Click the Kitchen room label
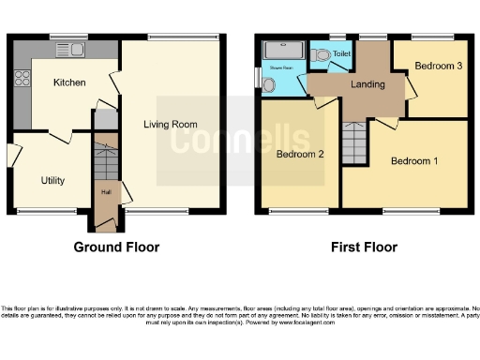pos(69,82)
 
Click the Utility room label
pos(52,180)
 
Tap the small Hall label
pos(105,195)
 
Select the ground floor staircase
pos(105,159)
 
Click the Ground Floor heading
pos(116,247)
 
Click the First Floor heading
pos(363,247)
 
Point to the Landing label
pos(367,85)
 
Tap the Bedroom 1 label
pos(413,161)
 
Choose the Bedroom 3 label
pos(440,67)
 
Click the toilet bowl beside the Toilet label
pos(324,54)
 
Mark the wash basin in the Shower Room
pos(270,85)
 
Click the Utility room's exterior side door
pos(12,154)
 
